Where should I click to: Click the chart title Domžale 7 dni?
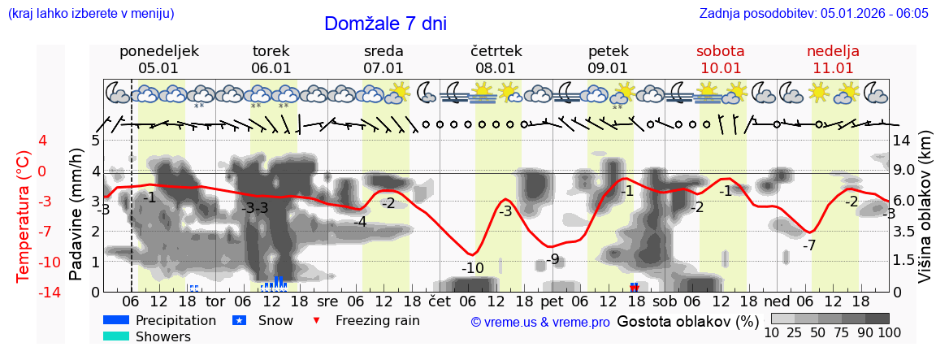point(385,24)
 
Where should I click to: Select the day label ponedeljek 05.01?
point(158,59)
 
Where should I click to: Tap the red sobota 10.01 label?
point(720,59)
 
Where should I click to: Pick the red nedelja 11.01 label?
point(833,59)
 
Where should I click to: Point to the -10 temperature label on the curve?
point(472,268)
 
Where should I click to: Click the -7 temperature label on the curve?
point(808,245)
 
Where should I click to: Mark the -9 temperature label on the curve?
point(552,260)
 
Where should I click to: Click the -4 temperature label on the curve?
point(359,222)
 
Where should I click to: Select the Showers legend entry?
point(162,336)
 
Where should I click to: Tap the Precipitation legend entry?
point(175,320)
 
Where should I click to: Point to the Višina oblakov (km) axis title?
point(924,215)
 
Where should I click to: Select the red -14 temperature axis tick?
point(27,292)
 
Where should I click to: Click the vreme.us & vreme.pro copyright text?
point(539,323)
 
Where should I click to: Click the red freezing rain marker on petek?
point(635,288)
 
